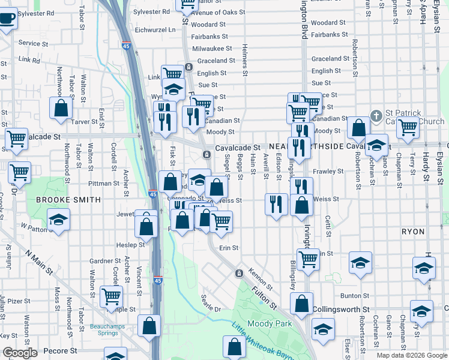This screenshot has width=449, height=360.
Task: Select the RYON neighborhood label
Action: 412,231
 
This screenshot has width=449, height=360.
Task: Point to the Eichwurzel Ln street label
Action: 155,29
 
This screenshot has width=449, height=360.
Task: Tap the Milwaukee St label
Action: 212,48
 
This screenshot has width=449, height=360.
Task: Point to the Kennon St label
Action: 261,277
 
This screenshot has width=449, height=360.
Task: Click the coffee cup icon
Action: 6,18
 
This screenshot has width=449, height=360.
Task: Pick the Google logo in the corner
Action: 20,353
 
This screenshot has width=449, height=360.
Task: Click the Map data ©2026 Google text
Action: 411,355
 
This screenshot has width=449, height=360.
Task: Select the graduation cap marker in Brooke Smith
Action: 59,220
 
